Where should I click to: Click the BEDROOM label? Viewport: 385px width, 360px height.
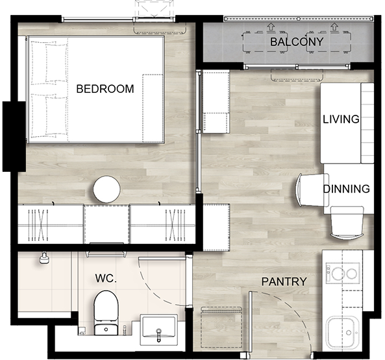pos(105,89)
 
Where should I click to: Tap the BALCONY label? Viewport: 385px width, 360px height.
pos(297,42)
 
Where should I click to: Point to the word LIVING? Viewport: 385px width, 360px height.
pos(341,119)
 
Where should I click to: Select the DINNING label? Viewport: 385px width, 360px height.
pos(346,189)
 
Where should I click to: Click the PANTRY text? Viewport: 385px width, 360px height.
pos(284,282)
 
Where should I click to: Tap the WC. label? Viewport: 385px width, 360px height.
pos(106,278)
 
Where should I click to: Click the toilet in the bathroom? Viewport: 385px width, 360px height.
pos(106,313)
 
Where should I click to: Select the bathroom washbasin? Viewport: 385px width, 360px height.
pos(159,330)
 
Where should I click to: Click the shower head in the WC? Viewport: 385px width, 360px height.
pos(44,258)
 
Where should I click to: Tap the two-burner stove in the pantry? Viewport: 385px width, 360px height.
pos(343,272)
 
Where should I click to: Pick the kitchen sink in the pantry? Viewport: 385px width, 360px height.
pos(342,332)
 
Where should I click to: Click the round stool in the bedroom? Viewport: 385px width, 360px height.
pos(106,189)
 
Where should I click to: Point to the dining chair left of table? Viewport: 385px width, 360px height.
pos(312,190)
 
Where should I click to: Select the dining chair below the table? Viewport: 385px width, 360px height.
pos(347,222)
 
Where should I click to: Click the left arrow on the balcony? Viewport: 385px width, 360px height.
pos(271,27)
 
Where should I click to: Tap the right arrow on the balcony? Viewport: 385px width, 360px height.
pos(334,27)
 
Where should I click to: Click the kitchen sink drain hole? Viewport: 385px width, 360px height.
pos(349,333)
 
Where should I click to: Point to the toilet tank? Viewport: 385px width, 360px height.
pos(106,329)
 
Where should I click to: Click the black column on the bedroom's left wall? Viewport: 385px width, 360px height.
pos(14,136)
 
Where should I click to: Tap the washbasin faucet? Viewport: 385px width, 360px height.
pos(159,335)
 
